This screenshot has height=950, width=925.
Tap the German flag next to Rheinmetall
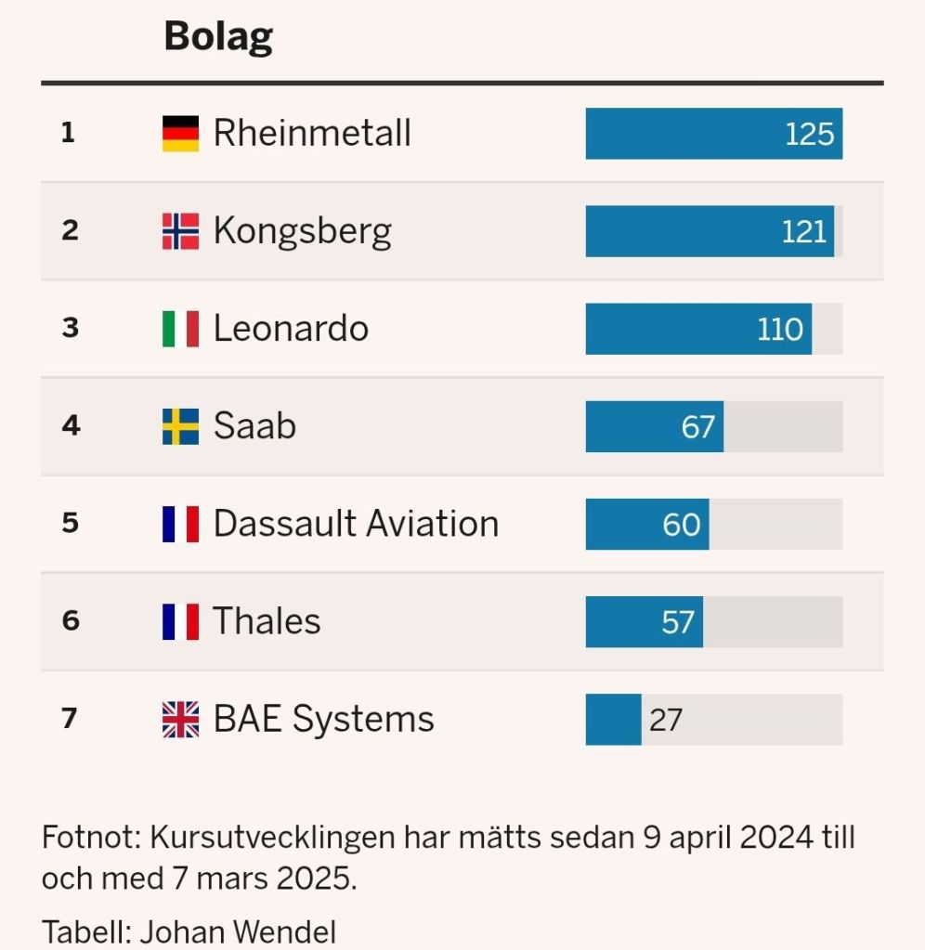tap(180, 134)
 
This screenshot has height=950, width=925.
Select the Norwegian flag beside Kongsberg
tap(180, 231)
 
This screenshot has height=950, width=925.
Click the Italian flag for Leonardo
tap(180, 329)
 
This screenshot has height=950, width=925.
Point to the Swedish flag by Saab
tap(180, 426)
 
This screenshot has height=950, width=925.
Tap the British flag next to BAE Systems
tap(180, 720)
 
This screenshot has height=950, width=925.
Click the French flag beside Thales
tap(180, 621)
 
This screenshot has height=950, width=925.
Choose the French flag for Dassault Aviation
tap(180, 524)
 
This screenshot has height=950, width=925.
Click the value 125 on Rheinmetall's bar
tap(809, 135)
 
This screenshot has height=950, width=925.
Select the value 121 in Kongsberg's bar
tap(803, 231)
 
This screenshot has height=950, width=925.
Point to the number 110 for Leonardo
tap(779, 330)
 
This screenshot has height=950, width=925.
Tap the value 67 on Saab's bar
tap(697, 427)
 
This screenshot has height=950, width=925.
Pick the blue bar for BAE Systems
tap(613, 720)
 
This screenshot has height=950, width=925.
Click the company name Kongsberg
tap(302, 231)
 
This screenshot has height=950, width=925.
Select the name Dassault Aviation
tap(356, 524)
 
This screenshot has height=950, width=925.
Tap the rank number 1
tap(68, 134)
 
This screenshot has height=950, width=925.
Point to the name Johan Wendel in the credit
tap(238, 931)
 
